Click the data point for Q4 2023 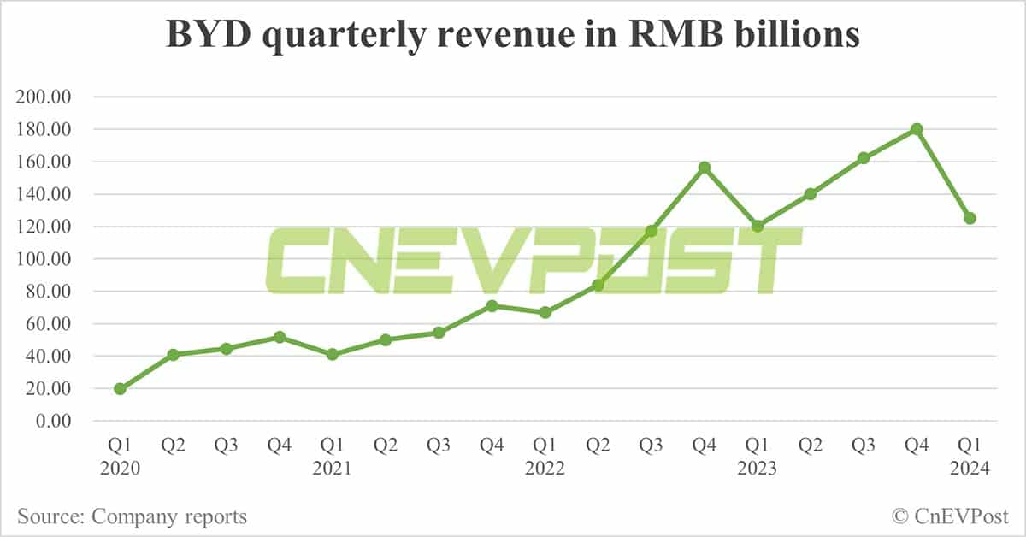click(x=917, y=129)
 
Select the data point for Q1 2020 click(x=120, y=389)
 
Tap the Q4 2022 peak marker click(x=705, y=168)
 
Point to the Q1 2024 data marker click(x=970, y=218)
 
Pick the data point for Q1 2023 click(x=758, y=226)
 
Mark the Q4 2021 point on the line click(x=492, y=305)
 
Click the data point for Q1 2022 click(x=545, y=313)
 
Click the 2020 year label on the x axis click(x=120, y=469)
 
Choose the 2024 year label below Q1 click(x=970, y=469)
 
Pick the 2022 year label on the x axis click(x=545, y=469)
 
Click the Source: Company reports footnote click(x=132, y=516)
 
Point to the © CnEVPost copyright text click(x=950, y=516)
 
